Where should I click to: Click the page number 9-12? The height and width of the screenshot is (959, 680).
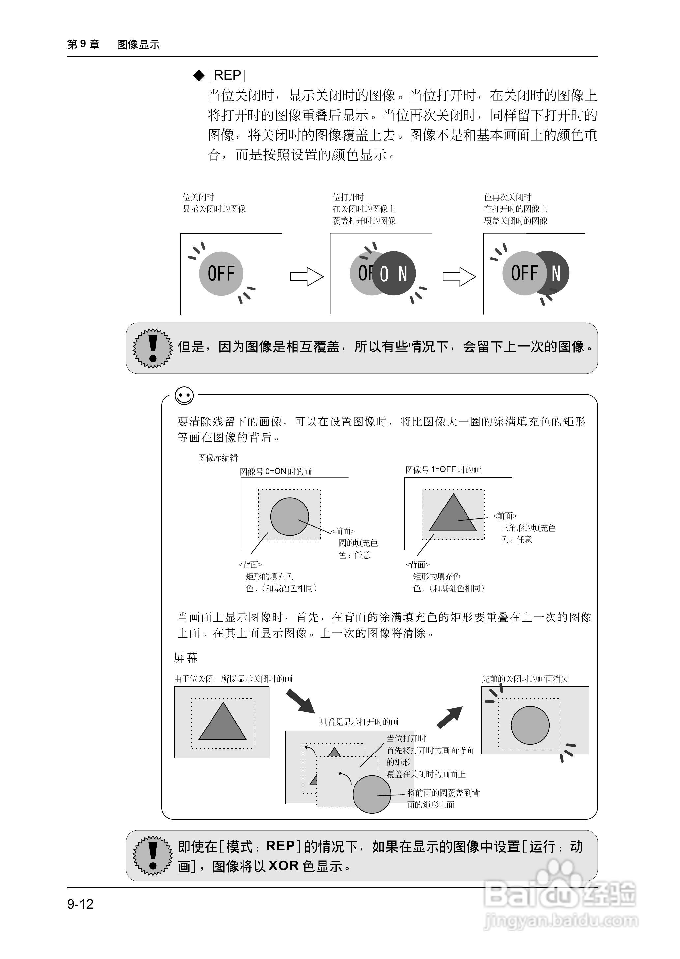click(80, 904)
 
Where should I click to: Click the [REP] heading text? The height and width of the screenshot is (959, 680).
click(227, 75)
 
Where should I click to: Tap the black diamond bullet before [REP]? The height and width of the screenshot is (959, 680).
click(198, 75)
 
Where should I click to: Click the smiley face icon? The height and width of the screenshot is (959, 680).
click(184, 396)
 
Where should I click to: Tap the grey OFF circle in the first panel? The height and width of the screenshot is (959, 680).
click(221, 273)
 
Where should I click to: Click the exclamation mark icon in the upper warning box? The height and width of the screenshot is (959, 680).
click(153, 348)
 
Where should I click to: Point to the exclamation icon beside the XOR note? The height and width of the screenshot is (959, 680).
click(153, 856)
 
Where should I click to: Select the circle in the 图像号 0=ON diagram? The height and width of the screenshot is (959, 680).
click(289, 516)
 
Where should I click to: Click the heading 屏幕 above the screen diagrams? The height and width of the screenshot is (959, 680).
click(185, 658)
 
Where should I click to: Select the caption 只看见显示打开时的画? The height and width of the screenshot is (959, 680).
click(359, 722)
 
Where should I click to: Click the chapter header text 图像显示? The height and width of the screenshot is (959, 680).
click(138, 44)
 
